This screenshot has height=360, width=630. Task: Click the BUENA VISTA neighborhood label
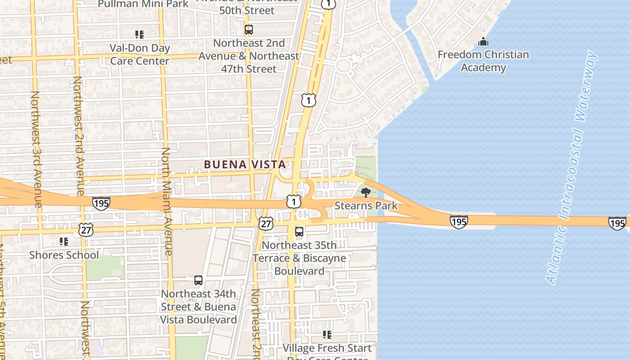pos(245,165)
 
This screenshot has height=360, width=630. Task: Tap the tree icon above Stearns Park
pos(366,193)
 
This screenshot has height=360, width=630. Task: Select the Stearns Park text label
pos(366,206)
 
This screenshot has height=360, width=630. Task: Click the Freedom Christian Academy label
pos(483,61)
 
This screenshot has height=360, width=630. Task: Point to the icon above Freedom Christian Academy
pos(483,42)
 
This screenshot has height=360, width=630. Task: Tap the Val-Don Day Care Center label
pos(140,54)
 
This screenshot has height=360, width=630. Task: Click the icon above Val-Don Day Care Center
pos(139,34)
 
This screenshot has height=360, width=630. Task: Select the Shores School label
pos(64,255)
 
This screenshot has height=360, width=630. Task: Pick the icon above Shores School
pos(64,242)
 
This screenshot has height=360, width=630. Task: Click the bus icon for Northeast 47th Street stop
pos(249,30)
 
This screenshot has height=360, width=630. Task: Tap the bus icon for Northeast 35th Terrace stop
pos(299,232)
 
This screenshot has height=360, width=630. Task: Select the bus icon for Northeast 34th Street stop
pos(198,280)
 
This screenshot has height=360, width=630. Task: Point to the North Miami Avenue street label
pos(166,201)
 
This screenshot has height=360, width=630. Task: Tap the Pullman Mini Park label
pos(144,4)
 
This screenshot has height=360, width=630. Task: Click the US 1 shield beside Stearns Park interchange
pos(293,202)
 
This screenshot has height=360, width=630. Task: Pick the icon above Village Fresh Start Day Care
pos(327,334)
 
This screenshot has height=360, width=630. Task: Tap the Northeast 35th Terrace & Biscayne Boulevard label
pos(299,258)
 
